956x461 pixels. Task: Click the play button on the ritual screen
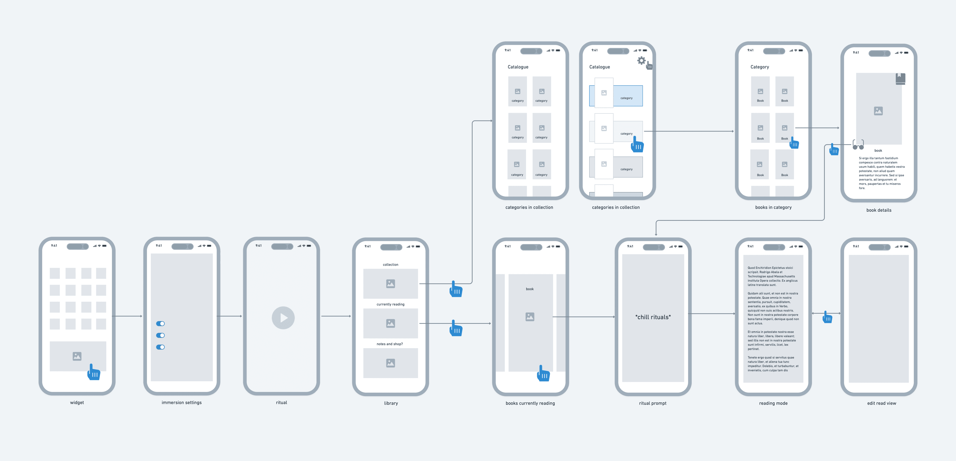(283, 318)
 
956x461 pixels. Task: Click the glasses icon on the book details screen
(858, 145)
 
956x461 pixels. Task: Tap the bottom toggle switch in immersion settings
(160, 347)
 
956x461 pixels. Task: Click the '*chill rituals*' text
(653, 317)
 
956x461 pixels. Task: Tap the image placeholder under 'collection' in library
(390, 284)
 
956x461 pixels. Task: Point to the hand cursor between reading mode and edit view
(827, 317)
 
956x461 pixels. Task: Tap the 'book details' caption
(879, 210)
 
